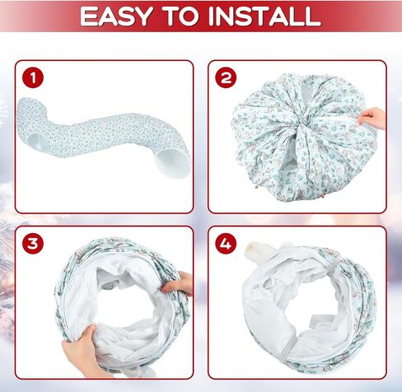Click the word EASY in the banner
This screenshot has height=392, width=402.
(116, 16)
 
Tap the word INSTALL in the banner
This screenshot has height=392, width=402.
(264, 16)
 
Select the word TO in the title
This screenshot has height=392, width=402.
(180, 16)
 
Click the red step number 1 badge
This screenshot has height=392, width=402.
(33, 77)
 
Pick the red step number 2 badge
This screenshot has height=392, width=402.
(226, 77)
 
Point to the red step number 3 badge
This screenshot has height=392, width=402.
(33, 244)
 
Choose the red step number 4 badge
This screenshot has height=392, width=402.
(226, 244)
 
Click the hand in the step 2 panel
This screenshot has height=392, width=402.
(372, 118)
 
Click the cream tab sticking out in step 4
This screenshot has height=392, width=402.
(256, 250)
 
